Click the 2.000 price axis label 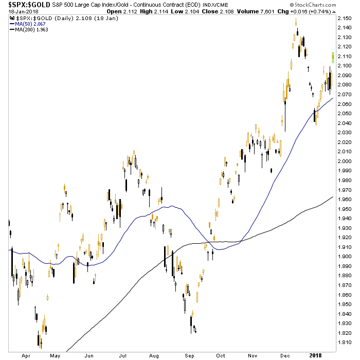click(344, 161)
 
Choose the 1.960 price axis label click(344, 199)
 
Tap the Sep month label click(190, 354)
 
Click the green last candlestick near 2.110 click(333, 58)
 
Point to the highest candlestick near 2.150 click(296, 22)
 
